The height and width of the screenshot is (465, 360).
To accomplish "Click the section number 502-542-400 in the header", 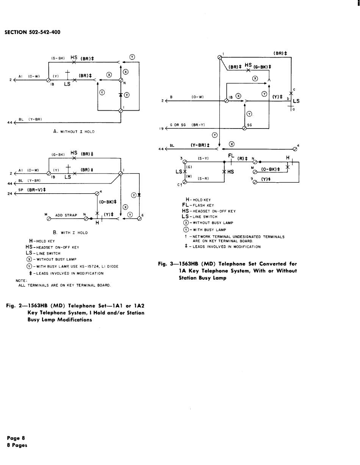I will [44, 32].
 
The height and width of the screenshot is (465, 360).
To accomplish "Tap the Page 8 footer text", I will [16, 438].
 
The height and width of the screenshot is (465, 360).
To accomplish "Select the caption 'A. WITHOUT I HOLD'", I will [74, 132].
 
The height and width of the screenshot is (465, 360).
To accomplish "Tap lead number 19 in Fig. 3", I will [161, 128].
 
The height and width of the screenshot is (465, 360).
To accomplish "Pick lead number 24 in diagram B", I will [9, 194].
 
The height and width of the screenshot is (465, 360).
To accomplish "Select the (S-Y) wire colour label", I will [203, 159].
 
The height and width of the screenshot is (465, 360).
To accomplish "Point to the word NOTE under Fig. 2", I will [20, 281].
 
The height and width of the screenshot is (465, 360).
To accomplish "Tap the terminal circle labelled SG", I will [244, 128].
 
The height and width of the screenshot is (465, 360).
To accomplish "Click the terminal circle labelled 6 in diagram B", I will [139, 219].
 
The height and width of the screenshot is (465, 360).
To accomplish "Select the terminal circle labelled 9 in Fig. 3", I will [255, 182].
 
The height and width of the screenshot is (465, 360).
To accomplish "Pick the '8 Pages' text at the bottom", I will [17, 445].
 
